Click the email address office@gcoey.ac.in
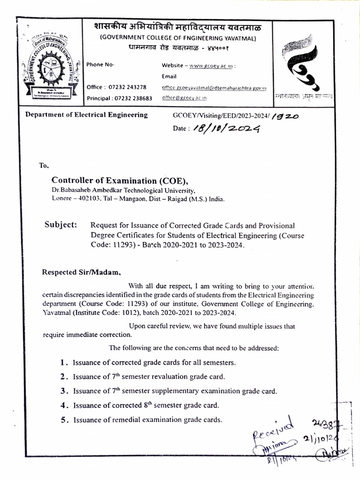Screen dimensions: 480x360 pyautogui.click(x=184, y=98)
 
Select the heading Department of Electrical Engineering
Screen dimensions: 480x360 pyautogui.click(x=86, y=115)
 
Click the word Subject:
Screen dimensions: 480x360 pyautogui.click(x=61, y=225)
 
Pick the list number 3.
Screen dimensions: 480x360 pyautogui.click(x=63, y=391)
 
